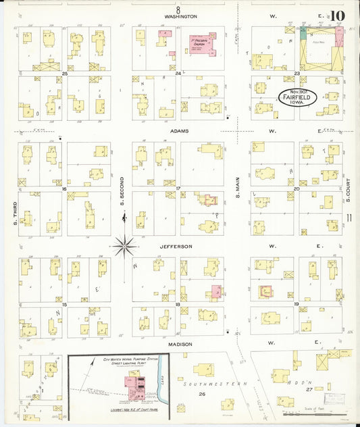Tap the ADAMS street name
(179, 130)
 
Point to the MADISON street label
(180, 344)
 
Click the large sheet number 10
(338, 16)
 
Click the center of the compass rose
(124, 245)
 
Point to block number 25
(65, 73)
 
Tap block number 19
(296, 304)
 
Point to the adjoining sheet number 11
(349, 217)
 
